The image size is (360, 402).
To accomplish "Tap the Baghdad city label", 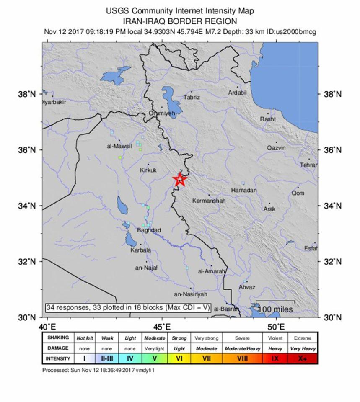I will tap(149, 230).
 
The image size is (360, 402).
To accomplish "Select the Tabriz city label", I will tap(192, 98).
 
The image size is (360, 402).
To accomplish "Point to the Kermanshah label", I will tap(209, 201).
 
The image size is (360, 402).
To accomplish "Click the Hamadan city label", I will tap(243, 190).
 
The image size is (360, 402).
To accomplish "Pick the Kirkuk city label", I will tap(148, 170).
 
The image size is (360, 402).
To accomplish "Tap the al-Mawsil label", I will tap(119, 146).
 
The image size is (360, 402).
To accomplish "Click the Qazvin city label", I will tap(276, 148).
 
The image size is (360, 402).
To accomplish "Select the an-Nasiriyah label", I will tap(191, 294).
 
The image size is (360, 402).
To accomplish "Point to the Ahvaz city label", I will tap(246, 287).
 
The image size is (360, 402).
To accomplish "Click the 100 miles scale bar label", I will tap(276, 309).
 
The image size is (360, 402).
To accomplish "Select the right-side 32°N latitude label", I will tap(333, 261).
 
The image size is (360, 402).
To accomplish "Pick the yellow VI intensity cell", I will tap(179, 359).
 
